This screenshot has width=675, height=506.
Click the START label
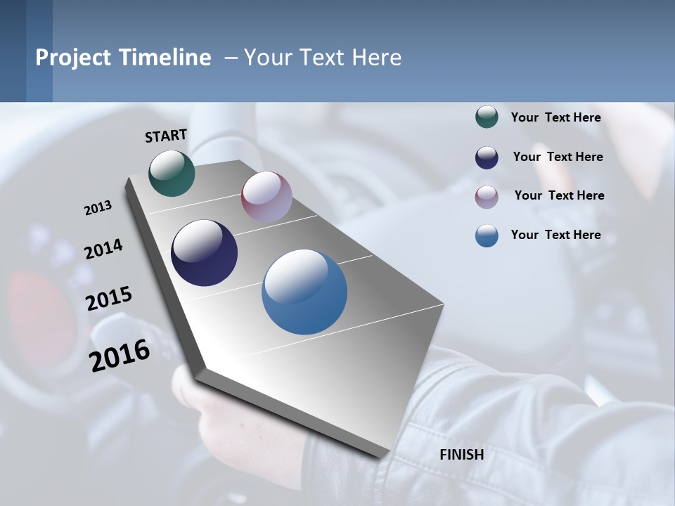coord(166,136)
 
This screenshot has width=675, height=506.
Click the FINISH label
coord(461,455)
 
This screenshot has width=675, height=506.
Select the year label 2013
coord(98,208)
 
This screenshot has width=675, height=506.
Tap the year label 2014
coord(103,249)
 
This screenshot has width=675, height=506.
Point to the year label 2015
coord(108,299)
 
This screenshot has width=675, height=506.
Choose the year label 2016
coord(120,356)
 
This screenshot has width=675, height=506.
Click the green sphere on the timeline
coord(172,173)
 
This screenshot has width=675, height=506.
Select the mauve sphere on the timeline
coord(266,197)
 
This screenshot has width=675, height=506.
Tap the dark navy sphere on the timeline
coord(204,253)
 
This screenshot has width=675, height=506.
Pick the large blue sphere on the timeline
coord(304,292)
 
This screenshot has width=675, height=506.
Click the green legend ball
coord(487,117)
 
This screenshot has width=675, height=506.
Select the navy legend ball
coord(487,157)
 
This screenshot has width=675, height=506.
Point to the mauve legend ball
coord(487,197)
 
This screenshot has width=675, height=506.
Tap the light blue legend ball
coord(487,235)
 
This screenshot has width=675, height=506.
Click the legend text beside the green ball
coord(555,117)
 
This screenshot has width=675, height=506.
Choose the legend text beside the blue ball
coord(555,235)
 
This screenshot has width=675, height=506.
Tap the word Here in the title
coord(376,58)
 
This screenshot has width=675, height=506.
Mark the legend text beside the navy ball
coord(558,157)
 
